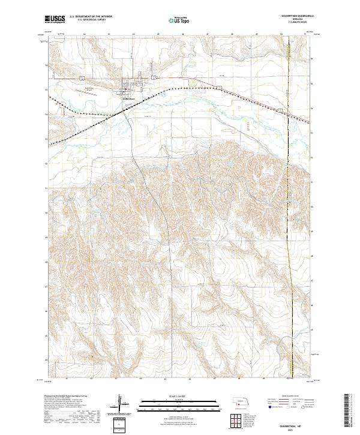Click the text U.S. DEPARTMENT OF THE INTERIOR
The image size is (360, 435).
pos(91,17)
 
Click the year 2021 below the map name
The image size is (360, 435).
pos(296,428)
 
